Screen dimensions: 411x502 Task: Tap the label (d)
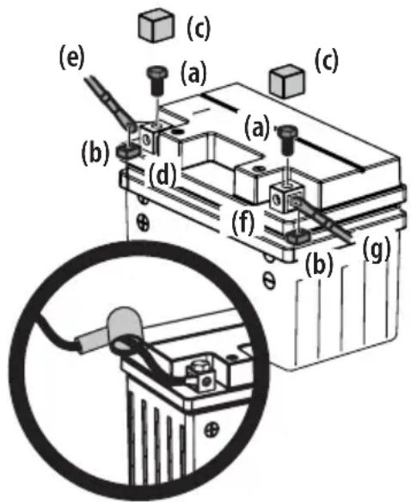[163, 174]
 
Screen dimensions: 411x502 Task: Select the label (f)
[243, 223]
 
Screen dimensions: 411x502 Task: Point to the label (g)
[377, 248]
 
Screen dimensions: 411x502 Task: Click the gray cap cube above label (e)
[156, 25]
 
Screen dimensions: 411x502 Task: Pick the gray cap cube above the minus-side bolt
[287, 80]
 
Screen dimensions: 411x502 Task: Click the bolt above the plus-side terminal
[156, 80]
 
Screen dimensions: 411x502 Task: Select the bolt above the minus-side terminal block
[288, 139]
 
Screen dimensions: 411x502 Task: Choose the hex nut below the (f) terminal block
[298, 236]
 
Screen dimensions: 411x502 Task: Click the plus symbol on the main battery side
[144, 222]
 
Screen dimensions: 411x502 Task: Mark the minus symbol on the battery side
[270, 280]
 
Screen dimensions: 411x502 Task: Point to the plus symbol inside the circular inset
[212, 430]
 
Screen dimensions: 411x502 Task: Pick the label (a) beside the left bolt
[193, 73]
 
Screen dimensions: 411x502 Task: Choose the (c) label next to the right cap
[327, 61]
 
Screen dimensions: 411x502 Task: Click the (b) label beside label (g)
[319, 265]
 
